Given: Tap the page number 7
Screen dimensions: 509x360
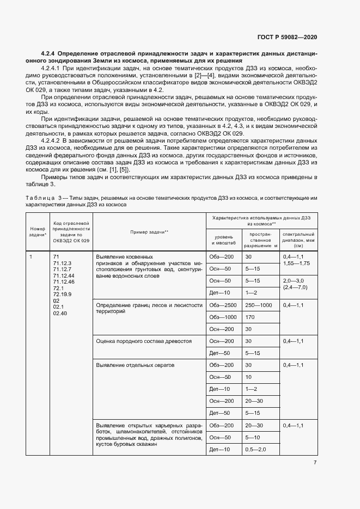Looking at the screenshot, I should [x=315, y=463].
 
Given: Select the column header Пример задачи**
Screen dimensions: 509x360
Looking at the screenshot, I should [x=149, y=232].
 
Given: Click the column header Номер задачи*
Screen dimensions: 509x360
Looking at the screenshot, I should [x=38, y=232].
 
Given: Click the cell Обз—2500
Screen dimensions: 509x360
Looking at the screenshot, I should [x=222, y=305].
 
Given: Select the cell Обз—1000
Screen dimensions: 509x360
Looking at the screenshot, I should [x=222, y=317].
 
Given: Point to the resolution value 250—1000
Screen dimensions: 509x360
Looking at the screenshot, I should [x=259, y=305].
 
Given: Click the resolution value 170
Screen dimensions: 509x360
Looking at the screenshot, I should [x=250, y=317].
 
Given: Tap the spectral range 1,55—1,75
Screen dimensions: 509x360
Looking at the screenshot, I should [x=296, y=263].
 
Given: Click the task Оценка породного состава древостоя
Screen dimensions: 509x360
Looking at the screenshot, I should [x=143, y=341].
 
